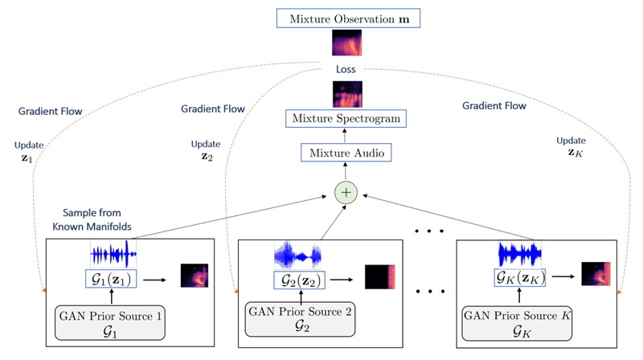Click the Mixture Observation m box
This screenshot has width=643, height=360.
click(x=349, y=17)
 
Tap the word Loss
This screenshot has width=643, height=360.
click(x=348, y=69)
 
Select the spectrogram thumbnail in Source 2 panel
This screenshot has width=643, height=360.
click(x=381, y=277)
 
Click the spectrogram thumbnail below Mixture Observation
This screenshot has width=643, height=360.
click(x=348, y=43)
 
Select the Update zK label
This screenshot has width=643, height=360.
click(x=571, y=145)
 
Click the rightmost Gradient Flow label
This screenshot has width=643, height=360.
click(x=494, y=105)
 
